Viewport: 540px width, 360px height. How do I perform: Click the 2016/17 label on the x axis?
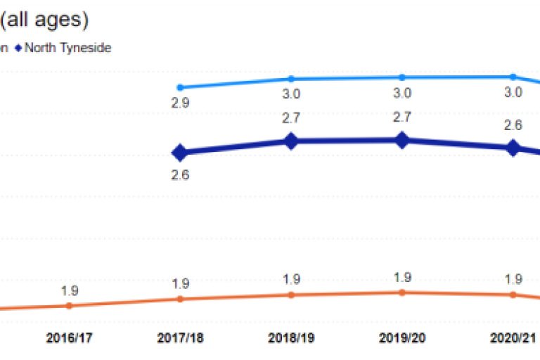69,337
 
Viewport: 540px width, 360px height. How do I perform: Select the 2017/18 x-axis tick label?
180,337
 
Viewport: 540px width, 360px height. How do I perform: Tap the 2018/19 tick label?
291,337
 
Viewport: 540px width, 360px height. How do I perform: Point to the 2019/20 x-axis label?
401,337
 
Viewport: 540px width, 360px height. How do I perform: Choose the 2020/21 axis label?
513,337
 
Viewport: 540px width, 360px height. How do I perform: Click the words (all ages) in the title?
44,20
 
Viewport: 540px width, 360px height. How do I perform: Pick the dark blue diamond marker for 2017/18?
180,152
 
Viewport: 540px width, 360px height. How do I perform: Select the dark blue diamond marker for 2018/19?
291,141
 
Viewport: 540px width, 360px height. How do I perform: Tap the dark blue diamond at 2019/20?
401,141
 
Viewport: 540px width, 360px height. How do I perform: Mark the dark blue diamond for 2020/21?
513,148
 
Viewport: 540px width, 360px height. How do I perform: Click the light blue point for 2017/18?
180,87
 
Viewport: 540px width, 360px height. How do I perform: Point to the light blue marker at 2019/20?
401,77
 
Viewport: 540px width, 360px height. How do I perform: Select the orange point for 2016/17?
69,305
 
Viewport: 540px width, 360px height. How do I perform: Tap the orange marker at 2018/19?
291,295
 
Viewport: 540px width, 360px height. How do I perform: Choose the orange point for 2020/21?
513,295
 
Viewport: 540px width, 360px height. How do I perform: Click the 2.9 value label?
180,103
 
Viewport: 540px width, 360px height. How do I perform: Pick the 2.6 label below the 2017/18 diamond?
180,175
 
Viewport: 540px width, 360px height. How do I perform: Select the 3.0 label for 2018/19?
291,94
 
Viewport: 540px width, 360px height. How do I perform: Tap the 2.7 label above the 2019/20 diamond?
401,117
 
